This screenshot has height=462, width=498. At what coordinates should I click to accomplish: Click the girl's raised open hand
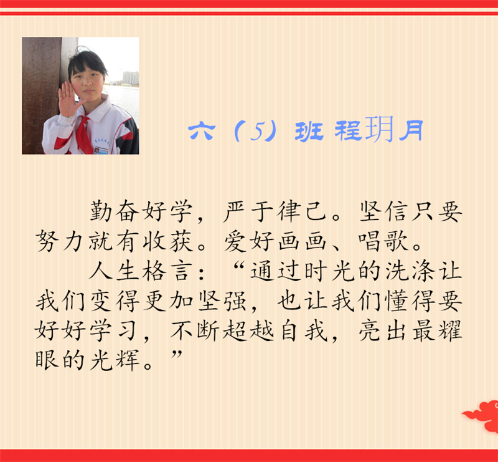pyautogui.click(x=68, y=99)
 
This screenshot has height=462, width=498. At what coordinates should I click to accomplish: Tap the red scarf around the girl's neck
pyautogui.click(x=83, y=133)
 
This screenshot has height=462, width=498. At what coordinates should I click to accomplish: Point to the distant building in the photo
pyautogui.click(x=131, y=78)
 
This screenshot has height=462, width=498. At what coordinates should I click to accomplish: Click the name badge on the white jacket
pyautogui.click(x=101, y=150)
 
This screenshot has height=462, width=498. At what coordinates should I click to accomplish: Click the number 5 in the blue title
pyautogui.click(x=257, y=131)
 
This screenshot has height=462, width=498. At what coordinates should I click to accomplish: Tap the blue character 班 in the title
pyautogui.click(x=309, y=131)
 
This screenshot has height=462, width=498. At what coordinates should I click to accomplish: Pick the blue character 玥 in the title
pyautogui.click(x=379, y=129)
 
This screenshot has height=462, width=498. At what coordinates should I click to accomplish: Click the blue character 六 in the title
pyautogui.click(x=202, y=131)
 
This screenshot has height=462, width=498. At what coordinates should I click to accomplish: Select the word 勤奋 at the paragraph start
pyautogui.click(x=115, y=211)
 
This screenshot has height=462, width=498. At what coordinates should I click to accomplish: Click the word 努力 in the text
pyautogui.click(x=60, y=241)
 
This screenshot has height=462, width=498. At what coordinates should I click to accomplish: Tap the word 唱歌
pyautogui.click(x=383, y=241)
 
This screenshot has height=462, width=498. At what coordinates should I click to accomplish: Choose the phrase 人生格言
pyautogui.click(x=141, y=271)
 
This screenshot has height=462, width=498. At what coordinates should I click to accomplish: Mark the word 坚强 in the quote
pyautogui.click(x=222, y=301)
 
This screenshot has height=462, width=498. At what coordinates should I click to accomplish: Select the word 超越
pyautogui.click(x=248, y=331)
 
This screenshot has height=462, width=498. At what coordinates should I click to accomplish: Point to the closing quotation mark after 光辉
pyautogui.click(x=177, y=354)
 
